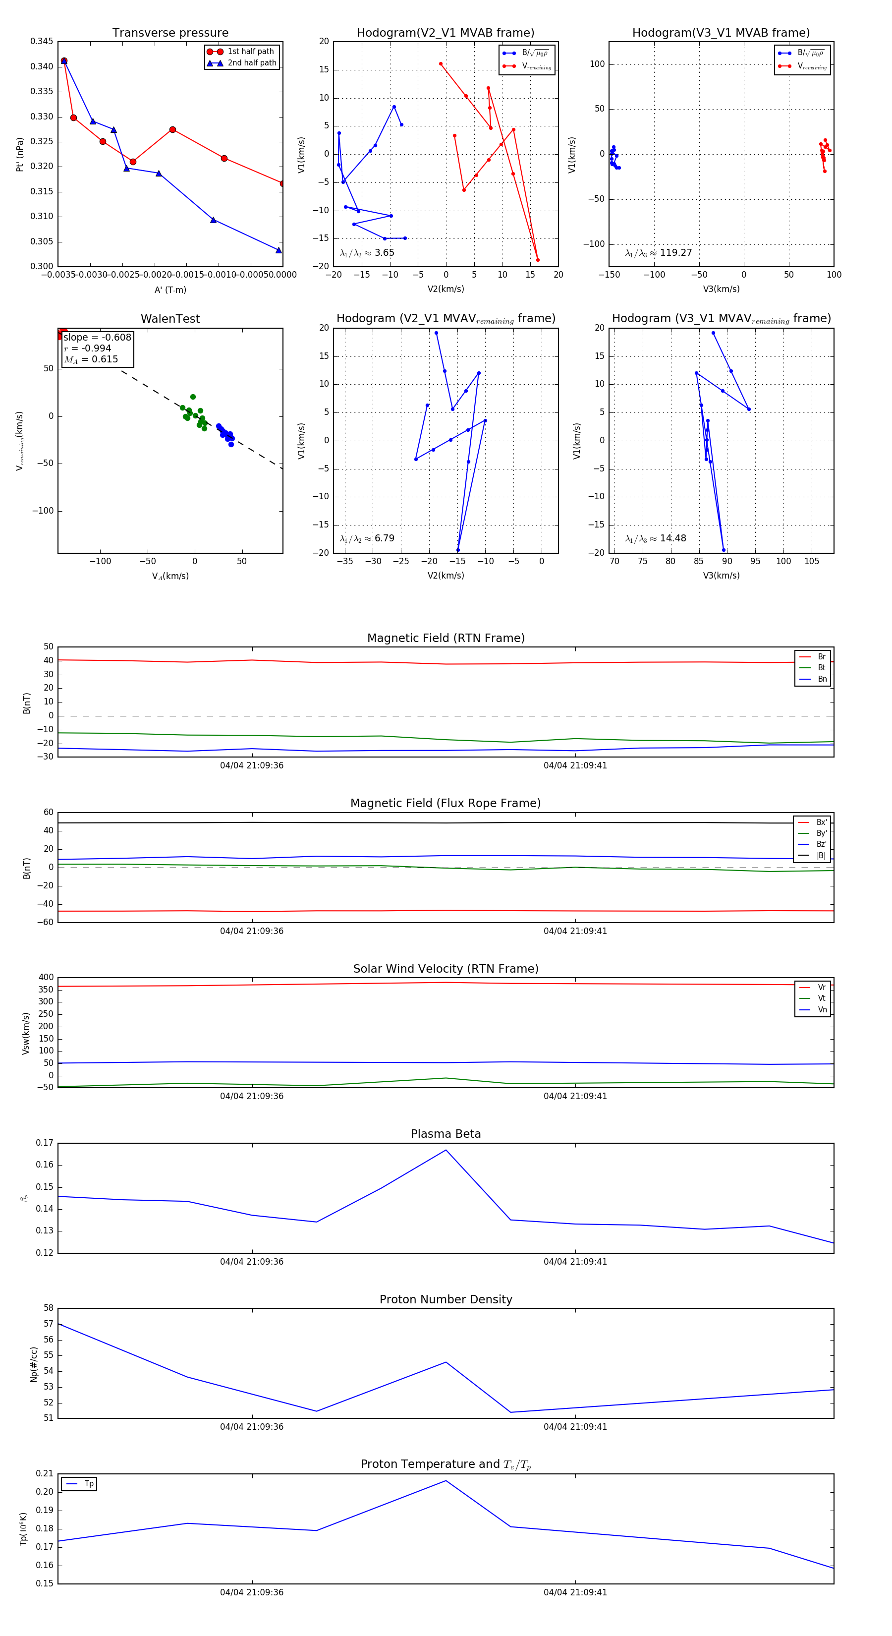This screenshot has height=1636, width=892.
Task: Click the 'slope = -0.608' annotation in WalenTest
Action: (97, 337)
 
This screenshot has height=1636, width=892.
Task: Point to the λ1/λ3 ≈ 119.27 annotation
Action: (659, 253)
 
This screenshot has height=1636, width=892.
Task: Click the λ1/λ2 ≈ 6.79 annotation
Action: (367, 538)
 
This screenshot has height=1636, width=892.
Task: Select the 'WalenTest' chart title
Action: (170, 319)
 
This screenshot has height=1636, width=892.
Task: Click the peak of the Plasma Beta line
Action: (446, 1150)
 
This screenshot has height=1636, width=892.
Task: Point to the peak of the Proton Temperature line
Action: (446, 1480)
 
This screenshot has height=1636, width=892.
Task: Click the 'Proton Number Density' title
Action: (446, 1299)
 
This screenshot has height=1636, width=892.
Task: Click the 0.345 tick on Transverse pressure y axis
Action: (42, 41)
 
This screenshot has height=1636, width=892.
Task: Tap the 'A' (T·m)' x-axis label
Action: (170, 290)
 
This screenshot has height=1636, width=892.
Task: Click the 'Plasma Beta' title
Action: (446, 1134)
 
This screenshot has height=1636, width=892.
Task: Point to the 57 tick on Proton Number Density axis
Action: (48, 1324)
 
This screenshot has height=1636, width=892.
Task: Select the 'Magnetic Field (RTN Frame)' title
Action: (446, 638)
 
